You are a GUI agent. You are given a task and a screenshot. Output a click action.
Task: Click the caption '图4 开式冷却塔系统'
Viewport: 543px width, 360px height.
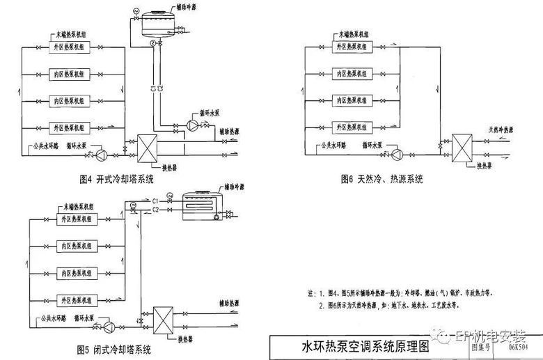(x=116, y=178)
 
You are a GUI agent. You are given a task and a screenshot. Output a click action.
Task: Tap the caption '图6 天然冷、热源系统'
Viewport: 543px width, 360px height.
(x=381, y=179)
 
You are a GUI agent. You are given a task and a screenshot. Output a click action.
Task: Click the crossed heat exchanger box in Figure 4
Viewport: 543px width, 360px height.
(x=150, y=148)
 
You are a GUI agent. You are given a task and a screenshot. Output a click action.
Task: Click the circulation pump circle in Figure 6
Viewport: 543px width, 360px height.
(x=398, y=153)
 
